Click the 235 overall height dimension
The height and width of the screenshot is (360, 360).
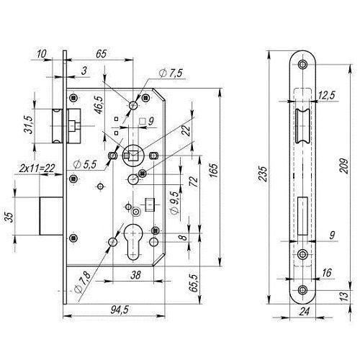263,174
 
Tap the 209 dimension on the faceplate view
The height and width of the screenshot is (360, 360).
343,166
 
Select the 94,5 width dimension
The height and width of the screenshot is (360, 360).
120,310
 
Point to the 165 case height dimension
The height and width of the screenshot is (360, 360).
213,171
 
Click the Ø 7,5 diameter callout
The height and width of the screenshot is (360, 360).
171,73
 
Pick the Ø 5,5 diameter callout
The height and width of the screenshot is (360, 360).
85,164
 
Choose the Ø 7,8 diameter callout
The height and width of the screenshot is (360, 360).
83,282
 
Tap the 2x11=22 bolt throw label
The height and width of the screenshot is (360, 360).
37,168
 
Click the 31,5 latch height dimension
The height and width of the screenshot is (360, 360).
28,125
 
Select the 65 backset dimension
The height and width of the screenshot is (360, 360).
101,54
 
